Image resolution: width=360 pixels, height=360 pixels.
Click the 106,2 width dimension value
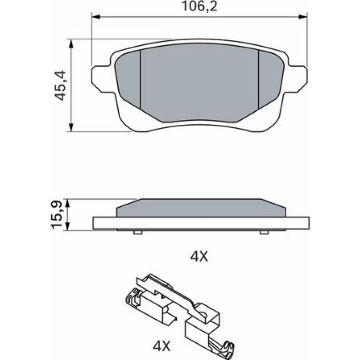tap(199, 7)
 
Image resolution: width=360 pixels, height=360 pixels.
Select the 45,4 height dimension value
tap(61, 86)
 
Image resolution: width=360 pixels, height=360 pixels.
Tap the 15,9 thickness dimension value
tap(56, 215)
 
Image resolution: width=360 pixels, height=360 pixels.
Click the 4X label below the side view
tap(199, 257)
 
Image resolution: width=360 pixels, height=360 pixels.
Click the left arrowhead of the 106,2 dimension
tap(96, 16)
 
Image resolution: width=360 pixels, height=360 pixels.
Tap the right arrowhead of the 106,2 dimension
tap(302, 16)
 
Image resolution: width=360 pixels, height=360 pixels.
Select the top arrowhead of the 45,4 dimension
tap(71, 43)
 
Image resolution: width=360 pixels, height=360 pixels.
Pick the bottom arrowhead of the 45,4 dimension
tap(71, 127)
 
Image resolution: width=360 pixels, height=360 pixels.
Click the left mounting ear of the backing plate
tap(101, 78)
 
